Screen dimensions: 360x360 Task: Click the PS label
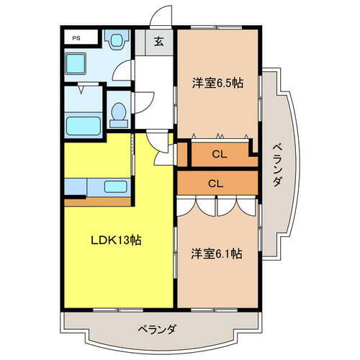[x=75, y=37]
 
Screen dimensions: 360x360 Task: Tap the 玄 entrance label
[x=158, y=42]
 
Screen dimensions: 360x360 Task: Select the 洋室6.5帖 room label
[x=217, y=82]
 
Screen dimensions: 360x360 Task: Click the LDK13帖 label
[x=114, y=240]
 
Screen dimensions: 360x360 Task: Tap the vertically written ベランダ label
[x=276, y=166]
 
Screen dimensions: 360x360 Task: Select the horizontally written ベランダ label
[x=158, y=329]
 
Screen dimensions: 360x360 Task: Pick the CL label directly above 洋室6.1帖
[x=215, y=182]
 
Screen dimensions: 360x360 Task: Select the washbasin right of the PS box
[x=114, y=40]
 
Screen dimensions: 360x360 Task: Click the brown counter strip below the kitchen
[x=97, y=201]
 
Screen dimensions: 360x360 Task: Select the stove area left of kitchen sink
[x=75, y=186]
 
